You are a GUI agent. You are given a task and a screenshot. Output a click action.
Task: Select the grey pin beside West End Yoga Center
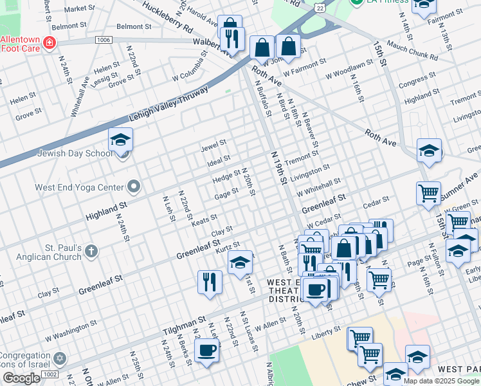pyautogui.click(x=134, y=187)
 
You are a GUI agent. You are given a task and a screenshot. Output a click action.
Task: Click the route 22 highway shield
pyautogui.click(x=319, y=6)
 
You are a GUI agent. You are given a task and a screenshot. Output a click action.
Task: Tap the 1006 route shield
pyautogui.click(x=103, y=40)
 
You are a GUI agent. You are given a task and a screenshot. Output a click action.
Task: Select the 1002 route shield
pyautogui.click(x=50, y=374)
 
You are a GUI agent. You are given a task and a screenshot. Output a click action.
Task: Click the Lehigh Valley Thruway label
pyautogui.click(x=168, y=104)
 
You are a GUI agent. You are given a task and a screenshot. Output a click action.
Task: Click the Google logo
pyautogui.click(x=21, y=378)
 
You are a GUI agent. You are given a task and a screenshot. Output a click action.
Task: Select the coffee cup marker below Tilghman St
pyautogui.click(x=206, y=351)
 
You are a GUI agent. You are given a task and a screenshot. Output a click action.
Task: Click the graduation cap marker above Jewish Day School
pyautogui.click(x=120, y=140)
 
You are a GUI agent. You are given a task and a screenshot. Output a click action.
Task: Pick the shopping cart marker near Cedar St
pyautogui.click(x=428, y=193)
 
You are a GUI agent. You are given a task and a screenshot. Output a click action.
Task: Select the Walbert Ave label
pyautogui.click(x=212, y=44)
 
